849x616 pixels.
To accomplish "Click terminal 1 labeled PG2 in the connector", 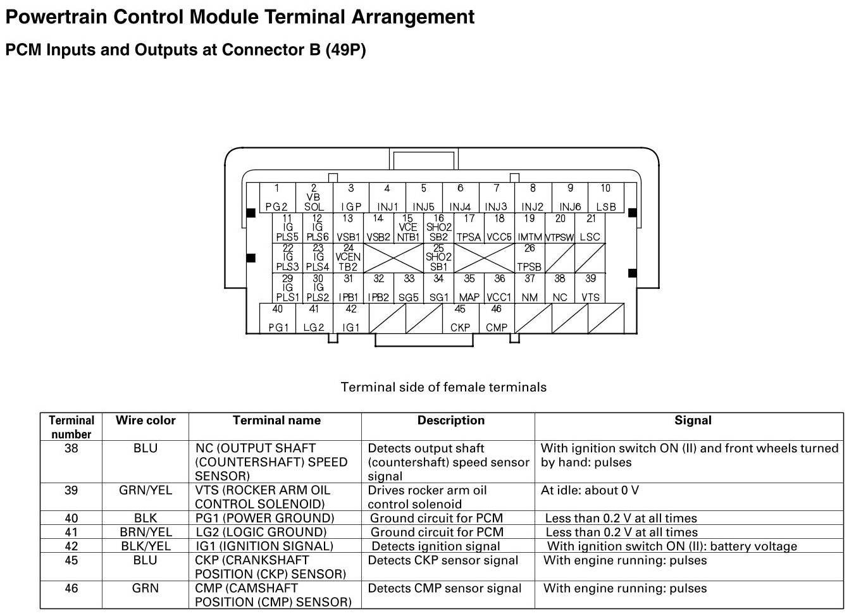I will point(276,197).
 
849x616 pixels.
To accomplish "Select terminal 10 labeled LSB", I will point(605,197).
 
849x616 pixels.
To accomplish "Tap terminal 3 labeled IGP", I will point(350,197).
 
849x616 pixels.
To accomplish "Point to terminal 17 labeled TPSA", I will point(469,228).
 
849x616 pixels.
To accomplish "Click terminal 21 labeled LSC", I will point(590,228).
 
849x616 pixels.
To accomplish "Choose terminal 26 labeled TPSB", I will point(530,258).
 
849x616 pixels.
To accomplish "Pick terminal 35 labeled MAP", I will point(469,288).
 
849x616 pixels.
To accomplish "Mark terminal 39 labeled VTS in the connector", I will point(590,288).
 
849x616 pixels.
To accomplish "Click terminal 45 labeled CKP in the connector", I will point(460,318).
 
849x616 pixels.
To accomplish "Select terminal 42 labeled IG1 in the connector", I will point(350,318).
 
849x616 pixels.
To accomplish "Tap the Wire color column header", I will point(146,421).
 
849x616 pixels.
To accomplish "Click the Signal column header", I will point(693,421).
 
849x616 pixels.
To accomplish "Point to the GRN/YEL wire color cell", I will point(146,490).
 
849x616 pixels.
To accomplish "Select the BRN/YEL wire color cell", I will point(146,532).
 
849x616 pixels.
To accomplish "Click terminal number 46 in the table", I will point(71,588).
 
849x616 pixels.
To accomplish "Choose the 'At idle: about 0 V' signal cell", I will point(590,490).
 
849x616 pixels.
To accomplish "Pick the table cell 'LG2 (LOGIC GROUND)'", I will point(261,532).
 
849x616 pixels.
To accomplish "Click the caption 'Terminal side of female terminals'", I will point(443,387).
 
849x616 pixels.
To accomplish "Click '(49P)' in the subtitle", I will point(345,50).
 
